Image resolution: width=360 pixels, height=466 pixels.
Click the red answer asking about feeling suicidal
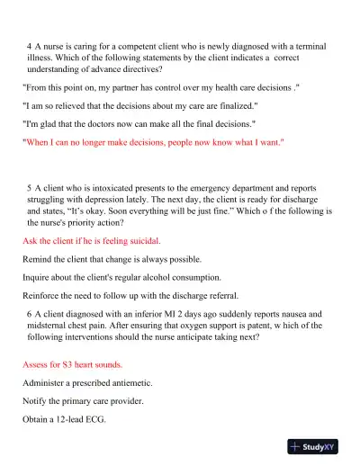(91, 241)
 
